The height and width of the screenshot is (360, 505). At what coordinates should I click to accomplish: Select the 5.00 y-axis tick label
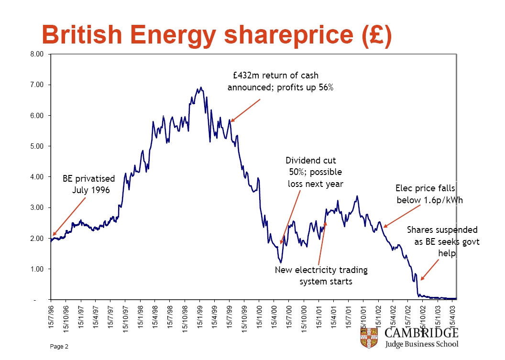point(37,146)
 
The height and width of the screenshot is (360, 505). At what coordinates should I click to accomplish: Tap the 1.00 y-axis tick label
point(37,269)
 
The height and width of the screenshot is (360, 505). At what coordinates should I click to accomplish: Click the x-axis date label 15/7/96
point(51,317)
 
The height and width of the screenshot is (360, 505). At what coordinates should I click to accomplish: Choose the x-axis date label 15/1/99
point(200,317)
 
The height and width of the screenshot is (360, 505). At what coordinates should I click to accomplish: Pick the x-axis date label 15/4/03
point(452,317)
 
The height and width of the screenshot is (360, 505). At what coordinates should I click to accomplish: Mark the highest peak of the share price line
point(201,87)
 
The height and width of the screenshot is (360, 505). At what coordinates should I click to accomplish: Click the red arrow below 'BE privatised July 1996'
point(69,217)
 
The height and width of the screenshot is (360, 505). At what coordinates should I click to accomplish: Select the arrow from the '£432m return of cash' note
point(245,110)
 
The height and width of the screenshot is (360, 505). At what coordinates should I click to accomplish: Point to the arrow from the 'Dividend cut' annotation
point(290,217)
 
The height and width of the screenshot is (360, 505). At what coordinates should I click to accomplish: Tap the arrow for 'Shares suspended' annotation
point(429,270)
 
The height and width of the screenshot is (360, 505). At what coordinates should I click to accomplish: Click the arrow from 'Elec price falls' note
point(402,217)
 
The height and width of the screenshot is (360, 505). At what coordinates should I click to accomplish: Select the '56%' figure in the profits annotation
point(326,87)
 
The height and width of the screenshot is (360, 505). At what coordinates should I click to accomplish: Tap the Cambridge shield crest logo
point(369,338)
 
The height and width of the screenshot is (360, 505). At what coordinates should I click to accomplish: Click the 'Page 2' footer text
point(59,347)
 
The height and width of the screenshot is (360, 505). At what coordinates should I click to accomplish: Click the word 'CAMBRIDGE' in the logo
point(421,333)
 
